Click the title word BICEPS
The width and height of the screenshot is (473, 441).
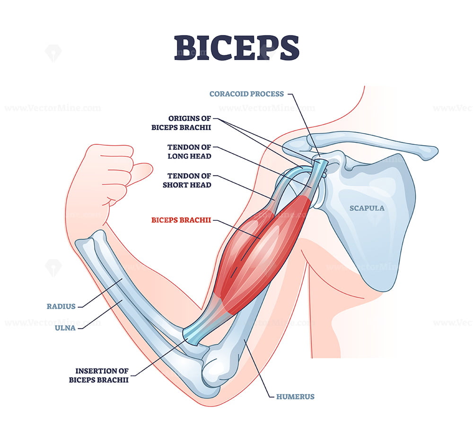point(236,48)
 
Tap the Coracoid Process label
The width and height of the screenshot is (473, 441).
point(246,94)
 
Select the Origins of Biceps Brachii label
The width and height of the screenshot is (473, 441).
point(181,123)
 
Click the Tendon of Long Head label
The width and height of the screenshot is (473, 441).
point(189,152)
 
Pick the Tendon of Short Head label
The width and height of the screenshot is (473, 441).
point(187,180)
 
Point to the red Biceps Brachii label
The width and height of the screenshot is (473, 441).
point(181,220)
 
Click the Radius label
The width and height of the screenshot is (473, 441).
point(61,306)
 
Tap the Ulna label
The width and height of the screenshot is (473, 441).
point(65,328)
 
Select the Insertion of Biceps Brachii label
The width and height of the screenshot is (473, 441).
point(99,375)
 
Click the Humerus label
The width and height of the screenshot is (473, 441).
point(295,397)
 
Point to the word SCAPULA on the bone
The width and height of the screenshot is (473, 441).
point(367,208)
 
